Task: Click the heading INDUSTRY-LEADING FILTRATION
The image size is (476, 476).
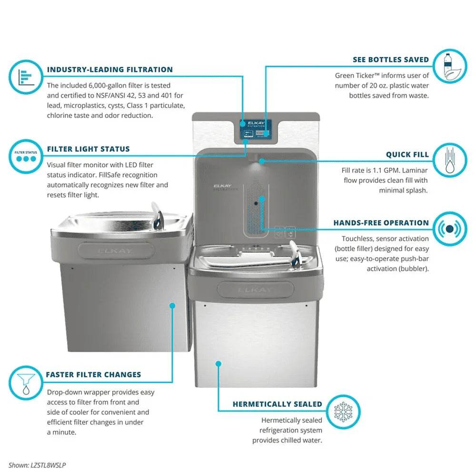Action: pos(109,69)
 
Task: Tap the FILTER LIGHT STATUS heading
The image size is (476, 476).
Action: pos(88,149)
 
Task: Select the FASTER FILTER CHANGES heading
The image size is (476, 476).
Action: pos(93,375)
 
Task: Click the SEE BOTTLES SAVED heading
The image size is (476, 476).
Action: pos(390,59)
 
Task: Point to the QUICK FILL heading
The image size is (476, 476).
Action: pos(407,155)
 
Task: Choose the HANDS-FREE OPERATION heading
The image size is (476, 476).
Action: pos(381,223)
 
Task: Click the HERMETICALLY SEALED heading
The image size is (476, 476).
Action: pos(277,404)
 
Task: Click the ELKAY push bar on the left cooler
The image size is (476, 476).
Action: pos(116,250)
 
